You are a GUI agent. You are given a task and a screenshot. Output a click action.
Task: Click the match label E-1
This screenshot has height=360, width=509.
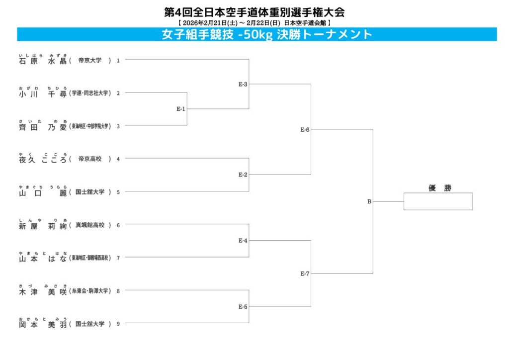tap(180, 109)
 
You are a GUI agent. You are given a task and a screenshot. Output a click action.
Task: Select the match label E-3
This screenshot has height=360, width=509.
tap(243, 84)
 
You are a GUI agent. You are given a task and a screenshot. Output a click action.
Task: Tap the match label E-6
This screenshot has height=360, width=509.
tap(305, 130)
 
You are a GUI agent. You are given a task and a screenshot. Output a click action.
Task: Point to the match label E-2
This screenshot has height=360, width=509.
tap(243, 175)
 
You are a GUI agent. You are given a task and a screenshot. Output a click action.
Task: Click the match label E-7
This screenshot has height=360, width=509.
tap(305, 273)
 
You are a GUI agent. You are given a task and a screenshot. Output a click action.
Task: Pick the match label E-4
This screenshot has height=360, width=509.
tap(243, 241)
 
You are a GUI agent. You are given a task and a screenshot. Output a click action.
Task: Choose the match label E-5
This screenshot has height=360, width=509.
tap(243, 306)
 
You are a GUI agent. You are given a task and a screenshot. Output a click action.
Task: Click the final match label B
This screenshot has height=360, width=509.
tap(369, 202)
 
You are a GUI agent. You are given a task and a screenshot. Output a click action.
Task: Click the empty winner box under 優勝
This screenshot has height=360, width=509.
tap(437, 201)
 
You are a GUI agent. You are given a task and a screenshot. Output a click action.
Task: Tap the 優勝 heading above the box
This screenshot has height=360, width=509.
tap(439, 188)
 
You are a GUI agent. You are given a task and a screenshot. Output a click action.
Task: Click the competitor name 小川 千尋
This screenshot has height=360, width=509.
tap(42, 93)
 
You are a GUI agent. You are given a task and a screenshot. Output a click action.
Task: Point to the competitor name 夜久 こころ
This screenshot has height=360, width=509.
tap(42, 160)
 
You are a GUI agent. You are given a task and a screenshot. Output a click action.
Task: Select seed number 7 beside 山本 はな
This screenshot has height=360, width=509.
tap(118, 258)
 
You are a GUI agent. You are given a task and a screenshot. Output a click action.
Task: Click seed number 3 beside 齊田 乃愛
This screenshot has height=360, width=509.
tap(118, 126)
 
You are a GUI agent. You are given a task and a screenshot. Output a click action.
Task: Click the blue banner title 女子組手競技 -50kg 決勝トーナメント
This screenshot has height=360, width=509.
tap(267, 34)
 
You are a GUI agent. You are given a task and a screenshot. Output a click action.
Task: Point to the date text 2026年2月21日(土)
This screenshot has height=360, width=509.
tap(205, 23)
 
